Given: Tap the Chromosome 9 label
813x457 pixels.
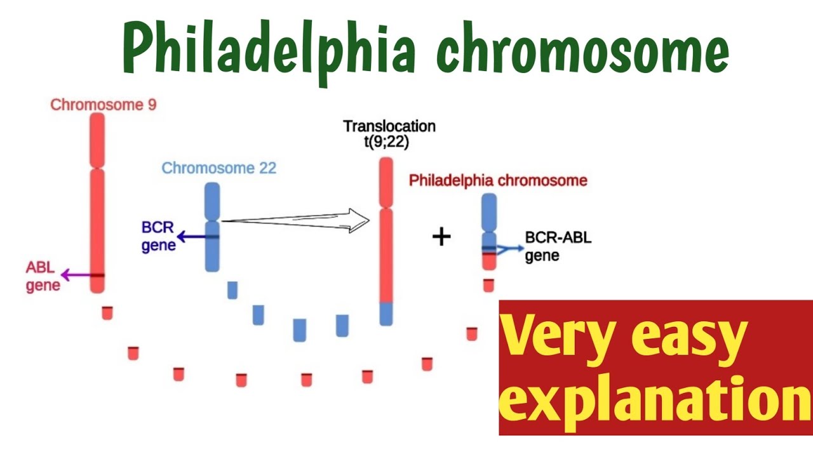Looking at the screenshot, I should pos(104,105).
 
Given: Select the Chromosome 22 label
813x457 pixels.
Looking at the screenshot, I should pos(218,168).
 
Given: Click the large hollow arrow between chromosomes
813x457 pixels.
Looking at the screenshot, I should pos(296,220).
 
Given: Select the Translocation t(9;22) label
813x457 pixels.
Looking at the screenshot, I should pos(389,133).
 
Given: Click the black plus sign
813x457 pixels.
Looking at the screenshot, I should pos(441,237).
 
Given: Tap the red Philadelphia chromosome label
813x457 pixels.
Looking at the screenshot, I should pos(498,181).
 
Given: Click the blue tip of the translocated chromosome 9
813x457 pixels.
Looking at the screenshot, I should pos(386,314).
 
